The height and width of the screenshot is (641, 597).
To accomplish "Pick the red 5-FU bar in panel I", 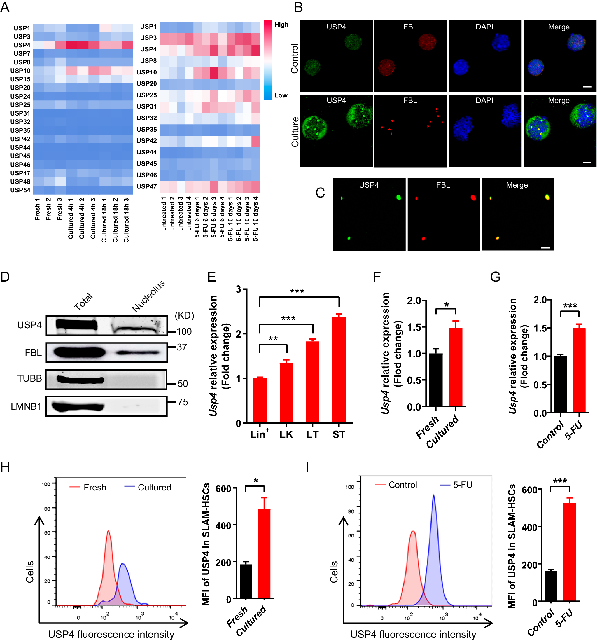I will click(569, 551).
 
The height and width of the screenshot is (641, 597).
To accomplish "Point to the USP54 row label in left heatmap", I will click(20, 190).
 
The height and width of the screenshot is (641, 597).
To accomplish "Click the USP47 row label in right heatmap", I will click(146, 186).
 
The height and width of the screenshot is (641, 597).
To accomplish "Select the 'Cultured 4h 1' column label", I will click(71, 219).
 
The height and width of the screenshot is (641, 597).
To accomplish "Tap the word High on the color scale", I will click(281, 25).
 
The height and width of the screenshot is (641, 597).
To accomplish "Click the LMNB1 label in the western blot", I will click(26, 406).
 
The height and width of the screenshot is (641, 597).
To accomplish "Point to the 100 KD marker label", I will click(184, 331).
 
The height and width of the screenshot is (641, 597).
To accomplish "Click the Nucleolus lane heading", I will click(148, 296).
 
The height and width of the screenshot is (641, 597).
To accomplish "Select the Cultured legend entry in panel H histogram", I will click(154, 487).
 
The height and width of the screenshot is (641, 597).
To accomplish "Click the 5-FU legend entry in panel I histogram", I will click(462, 485).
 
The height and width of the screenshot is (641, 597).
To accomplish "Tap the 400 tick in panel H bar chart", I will click(223, 526).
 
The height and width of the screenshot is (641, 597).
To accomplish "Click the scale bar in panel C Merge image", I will click(545, 248).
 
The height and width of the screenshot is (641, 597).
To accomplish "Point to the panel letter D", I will click(5, 277).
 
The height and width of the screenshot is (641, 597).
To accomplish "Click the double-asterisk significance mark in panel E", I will click(273, 339).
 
